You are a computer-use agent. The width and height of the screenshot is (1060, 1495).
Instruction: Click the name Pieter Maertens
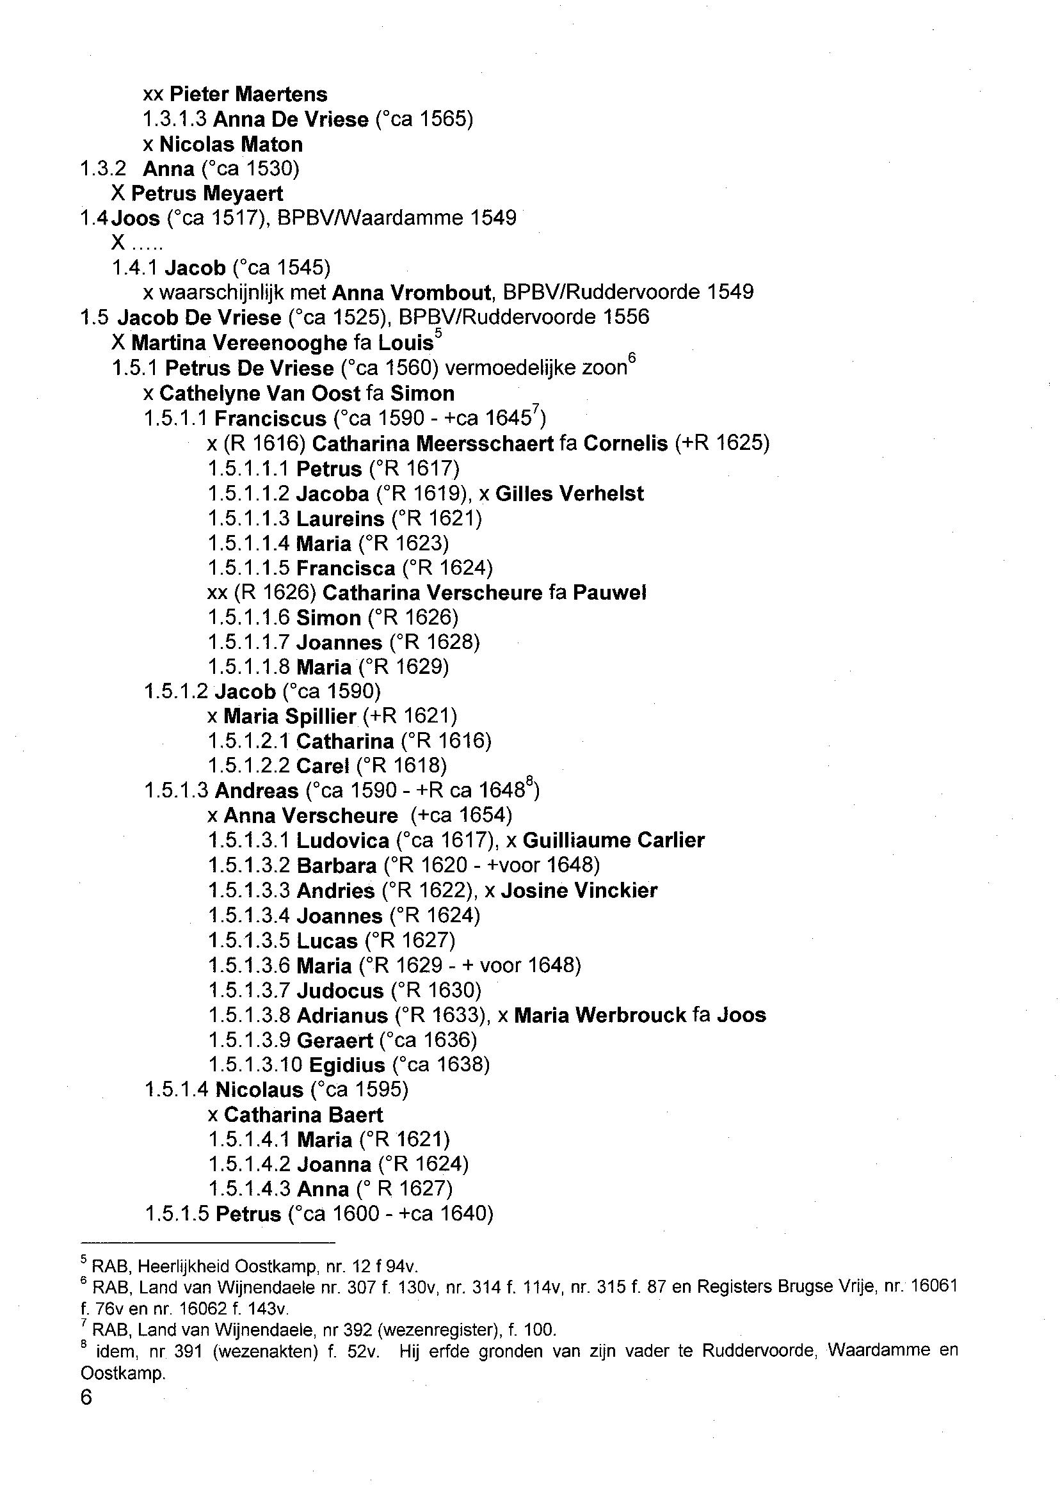248,95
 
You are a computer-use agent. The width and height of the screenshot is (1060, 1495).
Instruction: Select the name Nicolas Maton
231,144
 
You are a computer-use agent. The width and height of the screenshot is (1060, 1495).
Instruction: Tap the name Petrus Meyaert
207,194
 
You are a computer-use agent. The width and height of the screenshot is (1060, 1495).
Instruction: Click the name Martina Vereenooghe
239,342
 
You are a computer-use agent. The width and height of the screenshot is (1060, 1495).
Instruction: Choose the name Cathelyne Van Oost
260,394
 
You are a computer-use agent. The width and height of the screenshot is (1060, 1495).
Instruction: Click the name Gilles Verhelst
569,494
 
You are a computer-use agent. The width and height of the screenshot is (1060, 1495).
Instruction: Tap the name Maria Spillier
289,717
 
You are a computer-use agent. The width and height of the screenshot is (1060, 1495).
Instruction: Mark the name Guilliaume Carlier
613,840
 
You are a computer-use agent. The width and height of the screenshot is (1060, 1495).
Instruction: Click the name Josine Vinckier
579,891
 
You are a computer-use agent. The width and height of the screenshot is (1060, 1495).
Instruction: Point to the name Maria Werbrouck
600,1016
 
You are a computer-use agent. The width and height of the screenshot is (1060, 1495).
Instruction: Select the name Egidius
346,1066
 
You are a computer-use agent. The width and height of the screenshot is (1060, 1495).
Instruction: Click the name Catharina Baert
303,1115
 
